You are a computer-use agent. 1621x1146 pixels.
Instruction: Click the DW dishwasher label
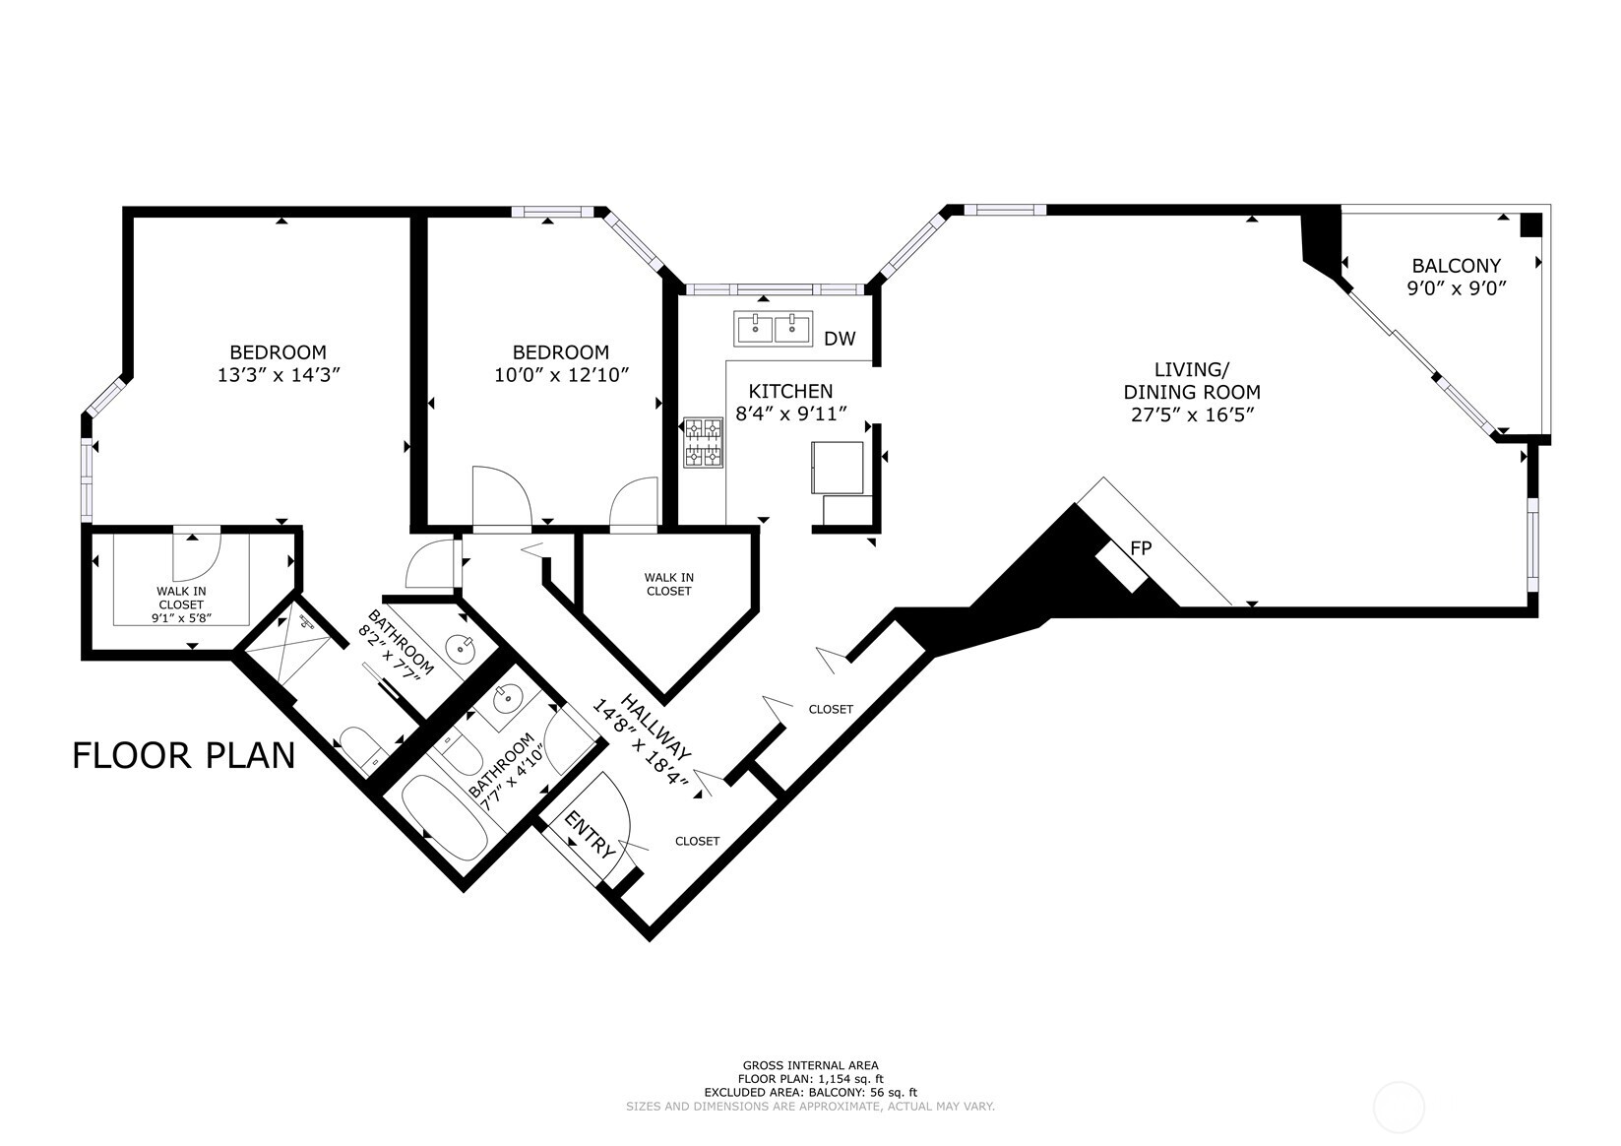[x=840, y=339]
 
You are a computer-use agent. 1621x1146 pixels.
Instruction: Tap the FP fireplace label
[x=1141, y=548]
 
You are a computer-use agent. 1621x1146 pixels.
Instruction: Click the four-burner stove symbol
[x=704, y=442]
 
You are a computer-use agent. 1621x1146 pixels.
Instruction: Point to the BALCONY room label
[x=1456, y=265]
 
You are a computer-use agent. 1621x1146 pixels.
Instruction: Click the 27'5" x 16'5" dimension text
[x=1192, y=414]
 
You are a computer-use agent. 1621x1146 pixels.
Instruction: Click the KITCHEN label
[x=790, y=391]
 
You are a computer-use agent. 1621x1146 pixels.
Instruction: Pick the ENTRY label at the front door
[x=591, y=833]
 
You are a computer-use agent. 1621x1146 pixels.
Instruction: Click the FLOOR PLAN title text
[x=184, y=755]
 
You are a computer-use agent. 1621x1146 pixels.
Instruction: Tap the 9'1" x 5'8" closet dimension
[x=181, y=618]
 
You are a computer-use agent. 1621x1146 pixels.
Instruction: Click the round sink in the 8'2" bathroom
[x=460, y=649]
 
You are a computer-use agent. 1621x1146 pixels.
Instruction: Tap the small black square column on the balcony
[x=1530, y=225]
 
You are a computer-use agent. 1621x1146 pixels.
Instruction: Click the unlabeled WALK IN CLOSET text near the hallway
[x=668, y=584]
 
